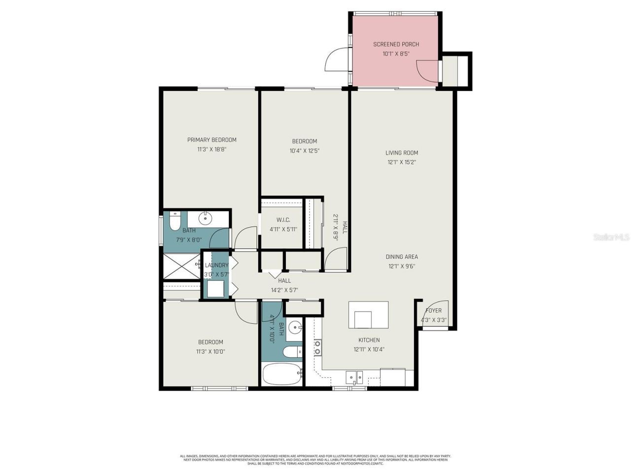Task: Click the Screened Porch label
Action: [396, 44]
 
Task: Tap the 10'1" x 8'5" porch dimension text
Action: [396, 54]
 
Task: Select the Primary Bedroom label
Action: [211, 140]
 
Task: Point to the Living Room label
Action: [402, 153]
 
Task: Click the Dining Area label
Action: [402, 257]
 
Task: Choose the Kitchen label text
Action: [369, 340]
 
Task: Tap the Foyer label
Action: [434, 311]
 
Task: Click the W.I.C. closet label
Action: [283, 220]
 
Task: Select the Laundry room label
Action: [216, 265]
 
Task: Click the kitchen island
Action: [368, 315]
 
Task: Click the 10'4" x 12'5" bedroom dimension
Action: [304, 151]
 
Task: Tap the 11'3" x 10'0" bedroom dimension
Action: [210, 352]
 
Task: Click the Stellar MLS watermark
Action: [611, 237]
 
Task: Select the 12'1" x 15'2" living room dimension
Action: [402, 162]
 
